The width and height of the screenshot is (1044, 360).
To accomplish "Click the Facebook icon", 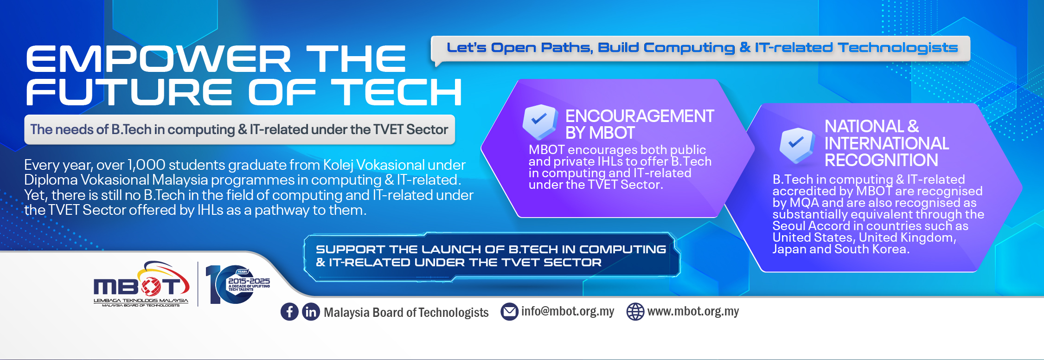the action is tap(289, 312).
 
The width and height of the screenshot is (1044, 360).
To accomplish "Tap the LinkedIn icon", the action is tap(311, 312).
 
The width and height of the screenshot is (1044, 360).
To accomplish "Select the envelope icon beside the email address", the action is tap(509, 312).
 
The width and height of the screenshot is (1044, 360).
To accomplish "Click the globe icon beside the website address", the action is tap(635, 312).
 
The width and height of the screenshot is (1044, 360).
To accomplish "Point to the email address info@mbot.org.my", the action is tap(568, 311).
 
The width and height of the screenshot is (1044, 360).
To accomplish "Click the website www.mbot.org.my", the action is tap(693, 311).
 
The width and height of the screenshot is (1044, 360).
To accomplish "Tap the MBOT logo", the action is tap(141, 284).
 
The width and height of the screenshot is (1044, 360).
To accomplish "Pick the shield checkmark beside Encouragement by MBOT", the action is tap(540, 122).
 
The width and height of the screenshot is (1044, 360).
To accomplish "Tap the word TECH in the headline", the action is tap(396, 92).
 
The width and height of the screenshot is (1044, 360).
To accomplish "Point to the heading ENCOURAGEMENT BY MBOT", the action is tap(640, 124).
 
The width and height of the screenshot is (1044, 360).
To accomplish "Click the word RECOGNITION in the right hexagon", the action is tap(881, 161).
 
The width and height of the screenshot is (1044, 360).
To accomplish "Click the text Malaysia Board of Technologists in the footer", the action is tap(406, 313).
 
